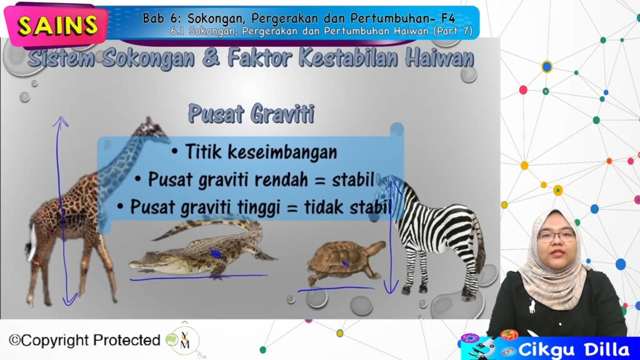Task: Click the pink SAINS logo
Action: coord(56,25)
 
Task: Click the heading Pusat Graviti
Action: coord(251,114)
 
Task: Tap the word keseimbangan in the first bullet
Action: coord(282,152)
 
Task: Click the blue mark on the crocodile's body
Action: coord(216,254)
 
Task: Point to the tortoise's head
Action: coord(377,246)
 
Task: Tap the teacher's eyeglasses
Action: coord(557,236)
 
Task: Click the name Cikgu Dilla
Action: coord(574,350)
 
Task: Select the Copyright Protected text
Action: coord(84,340)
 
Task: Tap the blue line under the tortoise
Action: coord(336,289)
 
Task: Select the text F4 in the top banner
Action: coord(447,18)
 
